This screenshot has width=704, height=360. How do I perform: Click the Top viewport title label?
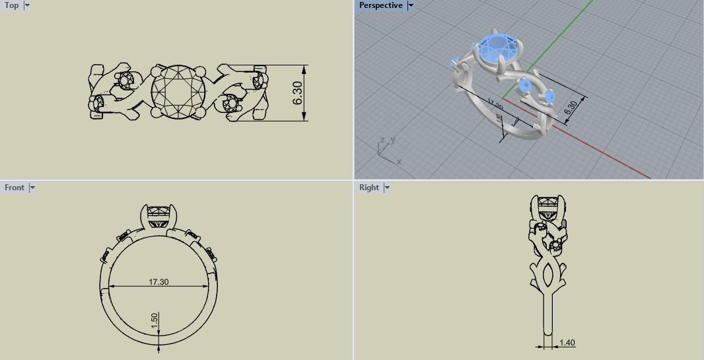click(12, 5)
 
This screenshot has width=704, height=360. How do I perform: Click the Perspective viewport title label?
click(380, 5)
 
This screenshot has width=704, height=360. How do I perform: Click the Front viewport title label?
click(14, 188)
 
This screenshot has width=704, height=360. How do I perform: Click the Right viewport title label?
click(369, 188)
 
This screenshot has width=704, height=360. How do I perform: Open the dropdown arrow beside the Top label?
click(27, 5)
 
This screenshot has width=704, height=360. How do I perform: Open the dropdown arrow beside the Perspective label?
click(410, 5)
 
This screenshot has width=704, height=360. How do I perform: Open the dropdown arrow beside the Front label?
click(32, 188)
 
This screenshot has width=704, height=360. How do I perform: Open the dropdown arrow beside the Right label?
click(386, 188)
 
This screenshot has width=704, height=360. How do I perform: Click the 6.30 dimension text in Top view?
click(297, 93)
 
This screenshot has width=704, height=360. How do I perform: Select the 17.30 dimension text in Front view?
click(158, 282)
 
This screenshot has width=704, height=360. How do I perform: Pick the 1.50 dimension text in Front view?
click(155, 320)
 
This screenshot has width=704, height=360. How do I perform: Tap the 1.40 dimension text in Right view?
click(567, 343)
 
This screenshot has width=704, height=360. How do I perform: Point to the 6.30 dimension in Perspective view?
click(571, 108)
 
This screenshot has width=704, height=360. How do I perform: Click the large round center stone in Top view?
click(178, 93)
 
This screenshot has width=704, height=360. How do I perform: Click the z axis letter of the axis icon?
click(382, 140)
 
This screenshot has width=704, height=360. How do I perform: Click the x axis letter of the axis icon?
click(399, 161)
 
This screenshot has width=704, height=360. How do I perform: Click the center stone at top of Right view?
click(547, 211)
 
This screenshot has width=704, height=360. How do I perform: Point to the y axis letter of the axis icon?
click(392, 140)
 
